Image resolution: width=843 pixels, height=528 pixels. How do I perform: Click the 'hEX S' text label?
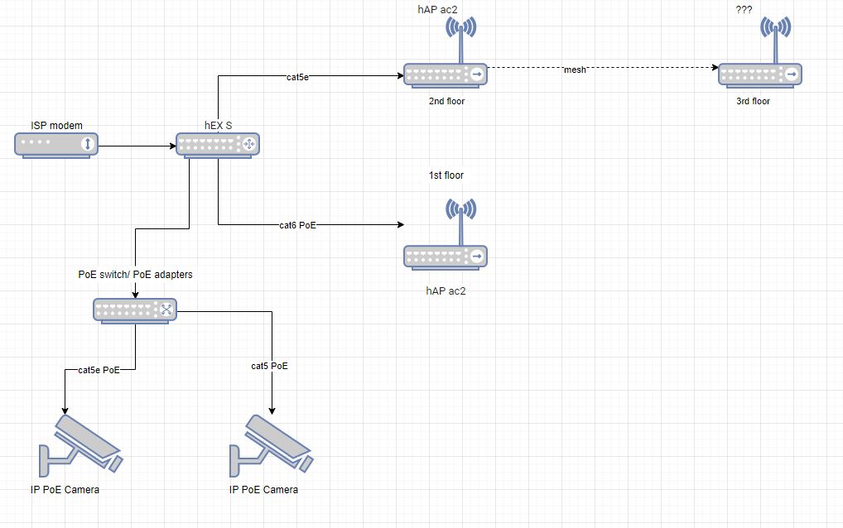pyautogui.click(x=219, y=126)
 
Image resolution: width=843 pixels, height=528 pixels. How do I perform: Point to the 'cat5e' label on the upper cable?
pyautogui.click(x=299, y=77)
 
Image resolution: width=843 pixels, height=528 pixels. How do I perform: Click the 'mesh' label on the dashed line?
pyautogui.click(x=575, y=70)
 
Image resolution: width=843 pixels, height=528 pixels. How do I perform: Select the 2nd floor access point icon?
pyautogui.click(x=446, y=74)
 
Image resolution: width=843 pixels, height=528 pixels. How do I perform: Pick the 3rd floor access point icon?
pyautogui.click(x=759, y=74)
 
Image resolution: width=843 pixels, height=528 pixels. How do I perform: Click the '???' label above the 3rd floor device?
pyautogui.click(x=744, y=9)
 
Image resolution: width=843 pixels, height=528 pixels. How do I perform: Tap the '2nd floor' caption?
pyautogui.click(x=446, y=101)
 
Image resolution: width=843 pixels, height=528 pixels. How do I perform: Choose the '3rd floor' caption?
pyautogui.click(x=753, y=101)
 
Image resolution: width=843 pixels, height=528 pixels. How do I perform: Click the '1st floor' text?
pyautogui.click(x=446, y=175)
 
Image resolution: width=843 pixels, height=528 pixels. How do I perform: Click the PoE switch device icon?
pyautogui.click(x=136, y=310)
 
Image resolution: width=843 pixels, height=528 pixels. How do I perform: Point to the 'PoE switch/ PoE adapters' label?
pyautogui.click(x=135, y=274)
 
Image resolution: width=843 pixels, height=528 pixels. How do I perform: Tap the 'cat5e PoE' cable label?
pyautogui.click(x=99, y=370)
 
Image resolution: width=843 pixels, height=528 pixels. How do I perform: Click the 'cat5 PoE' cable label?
pyautogui.click(x=270, y=366)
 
